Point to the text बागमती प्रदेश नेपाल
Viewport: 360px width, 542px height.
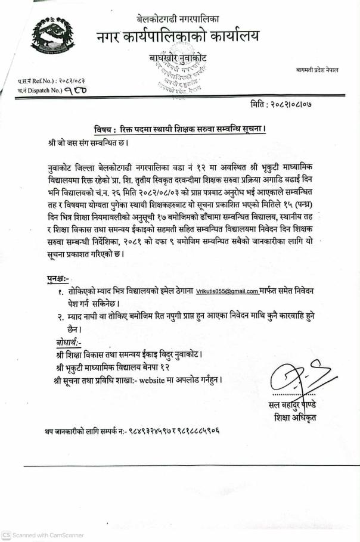tap(317, 70)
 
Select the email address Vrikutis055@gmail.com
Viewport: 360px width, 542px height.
tap(227, 291)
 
